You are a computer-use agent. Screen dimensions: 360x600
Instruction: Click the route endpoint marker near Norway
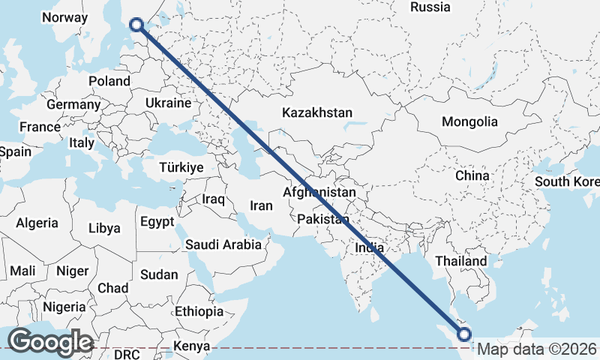click(x=136, y=25)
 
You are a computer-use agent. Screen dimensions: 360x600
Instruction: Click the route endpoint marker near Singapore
click(x=463, y=334)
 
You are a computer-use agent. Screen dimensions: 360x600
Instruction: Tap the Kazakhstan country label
click(x=316, y=112)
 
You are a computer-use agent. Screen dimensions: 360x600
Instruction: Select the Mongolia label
click(x=469, y=121)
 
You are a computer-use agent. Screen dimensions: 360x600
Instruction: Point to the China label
click(x=472, y=175)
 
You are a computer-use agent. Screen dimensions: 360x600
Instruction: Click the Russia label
click(x=431, y=7)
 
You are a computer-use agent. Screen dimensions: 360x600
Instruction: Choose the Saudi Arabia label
click(x=223, y=244)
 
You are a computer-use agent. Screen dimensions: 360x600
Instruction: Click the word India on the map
click(x=369, y=247)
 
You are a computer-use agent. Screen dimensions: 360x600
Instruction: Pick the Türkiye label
click(x=181, y=168)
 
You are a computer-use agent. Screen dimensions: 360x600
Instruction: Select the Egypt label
click(x=157, y=222)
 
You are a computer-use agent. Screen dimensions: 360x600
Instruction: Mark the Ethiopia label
click(x=199, y=311)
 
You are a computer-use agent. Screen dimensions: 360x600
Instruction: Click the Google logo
click(x=49, y=342)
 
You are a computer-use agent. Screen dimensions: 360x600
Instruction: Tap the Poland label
click(x=109, y=81)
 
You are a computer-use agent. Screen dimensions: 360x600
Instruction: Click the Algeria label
click(x=37, y=223)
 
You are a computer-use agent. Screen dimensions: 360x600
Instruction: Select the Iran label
click(x=261, y=205)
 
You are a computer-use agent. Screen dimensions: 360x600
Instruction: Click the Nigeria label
click(x=64, y=307)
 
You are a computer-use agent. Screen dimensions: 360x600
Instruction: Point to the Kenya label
click(x=190, y=346)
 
